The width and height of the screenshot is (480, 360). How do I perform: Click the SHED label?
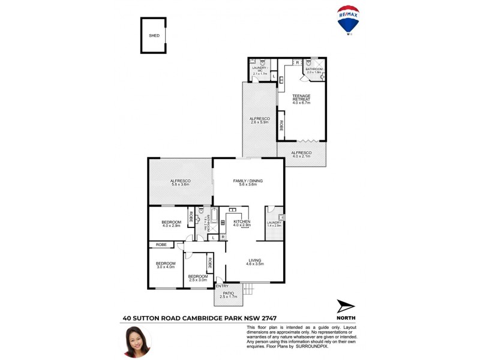tap(154, 35)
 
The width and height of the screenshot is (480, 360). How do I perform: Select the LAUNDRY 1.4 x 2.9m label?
tap(274, 224)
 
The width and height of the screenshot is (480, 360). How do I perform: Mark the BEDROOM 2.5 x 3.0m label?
tap(197, 277)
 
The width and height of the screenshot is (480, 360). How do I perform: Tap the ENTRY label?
tap(222, 286)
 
